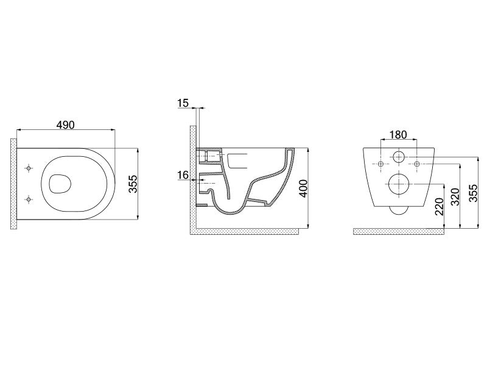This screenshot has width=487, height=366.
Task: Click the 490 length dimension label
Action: tap(66, 125)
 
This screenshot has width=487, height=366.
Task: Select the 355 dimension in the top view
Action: tap(133, 184)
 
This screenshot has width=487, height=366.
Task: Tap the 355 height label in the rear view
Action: tap(474, 193)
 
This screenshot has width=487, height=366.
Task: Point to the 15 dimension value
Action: tap(183, 102)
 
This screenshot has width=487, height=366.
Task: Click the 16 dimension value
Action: tap(183, 175)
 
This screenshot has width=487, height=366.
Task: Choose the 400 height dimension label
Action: tap(303, 188)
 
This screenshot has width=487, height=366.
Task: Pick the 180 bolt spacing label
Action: tap(398, 135)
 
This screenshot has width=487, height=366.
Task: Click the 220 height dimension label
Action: tap(439, 207)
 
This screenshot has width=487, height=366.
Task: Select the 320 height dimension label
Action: tap(455, 196)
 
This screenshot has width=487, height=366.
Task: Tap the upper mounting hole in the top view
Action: tap(29, 168)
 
